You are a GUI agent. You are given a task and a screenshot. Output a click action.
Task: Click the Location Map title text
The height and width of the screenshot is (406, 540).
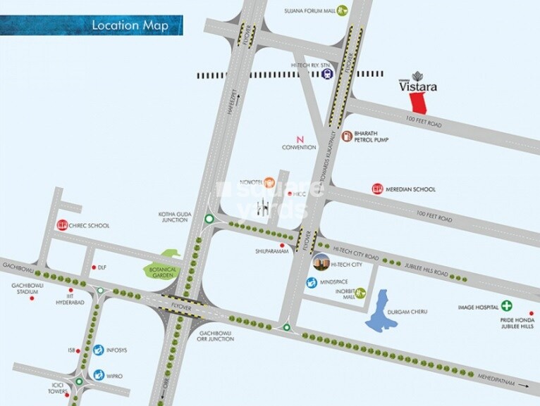point(130,26)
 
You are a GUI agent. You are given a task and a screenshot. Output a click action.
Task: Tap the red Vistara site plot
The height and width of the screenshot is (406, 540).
point(420,103)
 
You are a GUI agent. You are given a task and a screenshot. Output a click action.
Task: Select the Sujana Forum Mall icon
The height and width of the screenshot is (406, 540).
point(342,10)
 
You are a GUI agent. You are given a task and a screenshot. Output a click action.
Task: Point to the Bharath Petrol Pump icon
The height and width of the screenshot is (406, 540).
point(346,137)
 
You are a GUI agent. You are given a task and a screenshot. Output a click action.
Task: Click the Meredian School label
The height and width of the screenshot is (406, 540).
point(414,189)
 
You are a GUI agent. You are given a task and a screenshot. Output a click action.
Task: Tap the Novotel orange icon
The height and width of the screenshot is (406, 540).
point(269,181)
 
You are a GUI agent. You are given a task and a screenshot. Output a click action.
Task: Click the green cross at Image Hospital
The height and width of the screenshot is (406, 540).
point(506,306)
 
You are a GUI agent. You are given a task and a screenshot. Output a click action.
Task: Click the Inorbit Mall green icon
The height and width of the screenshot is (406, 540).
point(360,292)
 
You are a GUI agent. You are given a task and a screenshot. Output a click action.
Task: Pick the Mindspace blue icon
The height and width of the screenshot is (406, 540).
point(311,282)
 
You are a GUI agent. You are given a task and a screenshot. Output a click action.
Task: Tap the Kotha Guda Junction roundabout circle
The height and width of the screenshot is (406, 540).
point(209,220)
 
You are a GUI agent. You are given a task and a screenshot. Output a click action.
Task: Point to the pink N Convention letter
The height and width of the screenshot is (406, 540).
point(300,138)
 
